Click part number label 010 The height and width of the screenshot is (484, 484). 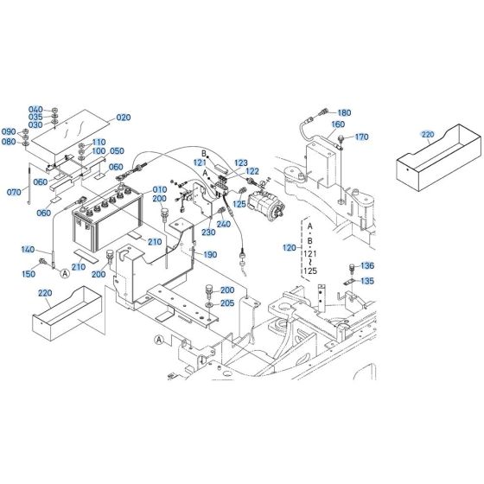pos(160,189)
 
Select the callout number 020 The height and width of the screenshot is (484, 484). pos(123,118)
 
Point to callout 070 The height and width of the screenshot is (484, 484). pos(13,191)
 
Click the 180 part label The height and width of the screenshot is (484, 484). pos(344,112)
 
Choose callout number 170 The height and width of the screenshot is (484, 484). pos(361,137)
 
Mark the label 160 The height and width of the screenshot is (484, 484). pos(338,124)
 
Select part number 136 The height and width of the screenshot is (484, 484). pos(367,265)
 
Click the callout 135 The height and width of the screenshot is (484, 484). pos(367,280)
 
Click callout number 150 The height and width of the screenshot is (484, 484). pos(29,274)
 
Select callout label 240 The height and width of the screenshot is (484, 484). pos(224,224)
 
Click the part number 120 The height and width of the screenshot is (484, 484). pos(289,247)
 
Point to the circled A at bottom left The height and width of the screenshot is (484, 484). pos(158,340)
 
